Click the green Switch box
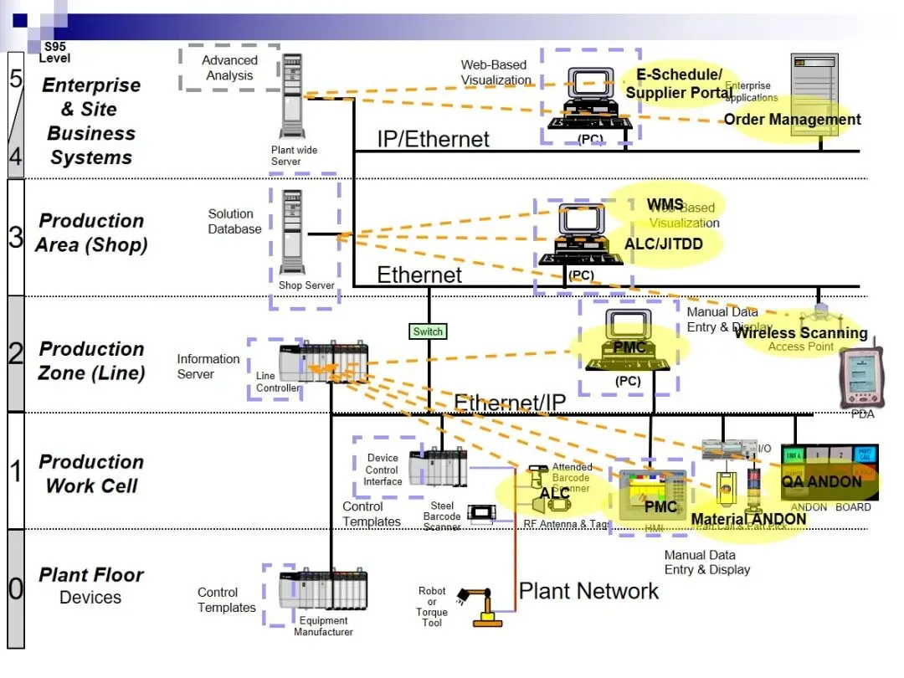(428, 331)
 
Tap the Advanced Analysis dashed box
(229, 68)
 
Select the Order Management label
(792, 120)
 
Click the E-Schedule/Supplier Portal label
(679, 84)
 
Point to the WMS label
(665, 205)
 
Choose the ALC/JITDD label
(663, 244)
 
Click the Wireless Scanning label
(800, 333)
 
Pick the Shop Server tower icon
(292, 230)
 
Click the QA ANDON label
(821, 482)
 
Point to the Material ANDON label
(748, 519)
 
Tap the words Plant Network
(588, 591)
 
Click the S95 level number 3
(16, 236)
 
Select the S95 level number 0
(16, 588)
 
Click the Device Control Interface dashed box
(383, 470)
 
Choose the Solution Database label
(234, 222)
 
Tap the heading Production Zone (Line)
(91, 361)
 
